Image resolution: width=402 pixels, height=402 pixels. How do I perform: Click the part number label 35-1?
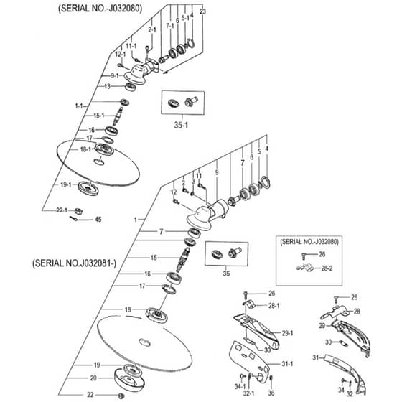click(x=181, y=125)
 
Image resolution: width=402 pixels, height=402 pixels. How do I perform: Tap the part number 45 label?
click(x=98, y=220)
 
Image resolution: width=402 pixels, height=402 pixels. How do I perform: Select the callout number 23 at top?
click(x=202, y=11)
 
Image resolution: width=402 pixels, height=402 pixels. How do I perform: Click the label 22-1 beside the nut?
click(x=62, y=210)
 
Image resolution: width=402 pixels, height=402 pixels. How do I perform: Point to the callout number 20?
click(x=93, y=378)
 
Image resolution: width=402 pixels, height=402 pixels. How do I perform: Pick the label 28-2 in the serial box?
click(x=327, y=268)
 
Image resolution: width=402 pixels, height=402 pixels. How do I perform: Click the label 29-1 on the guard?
click(x=287, y=333)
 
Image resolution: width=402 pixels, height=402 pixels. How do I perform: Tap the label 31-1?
click(x=287, y=363)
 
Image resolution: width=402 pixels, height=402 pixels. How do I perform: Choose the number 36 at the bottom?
click(x=271, y=393)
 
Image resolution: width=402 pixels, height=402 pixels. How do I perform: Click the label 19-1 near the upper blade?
click(x=65, y=184)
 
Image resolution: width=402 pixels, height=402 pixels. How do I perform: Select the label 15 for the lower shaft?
click(x=154, y=258)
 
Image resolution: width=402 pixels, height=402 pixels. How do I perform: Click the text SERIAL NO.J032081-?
click(x=75, y=263)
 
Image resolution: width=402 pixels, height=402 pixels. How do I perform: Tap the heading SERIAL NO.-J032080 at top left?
click(x=100, y=8)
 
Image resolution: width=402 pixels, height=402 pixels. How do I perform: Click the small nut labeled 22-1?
click(x=78, y=212)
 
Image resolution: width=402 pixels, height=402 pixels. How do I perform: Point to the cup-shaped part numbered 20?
click(x=129, y=380)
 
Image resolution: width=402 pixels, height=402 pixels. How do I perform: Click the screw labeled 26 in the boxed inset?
click(x=304, y=256)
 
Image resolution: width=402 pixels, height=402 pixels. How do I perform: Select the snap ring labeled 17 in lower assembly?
click(x=169, y=289)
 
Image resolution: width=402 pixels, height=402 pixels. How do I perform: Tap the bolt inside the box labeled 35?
click(x=235, y=252)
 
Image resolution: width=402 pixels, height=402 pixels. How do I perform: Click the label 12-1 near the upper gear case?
click(x=121, y=55)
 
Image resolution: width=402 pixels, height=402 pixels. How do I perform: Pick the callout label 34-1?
click(x=240, y=386)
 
